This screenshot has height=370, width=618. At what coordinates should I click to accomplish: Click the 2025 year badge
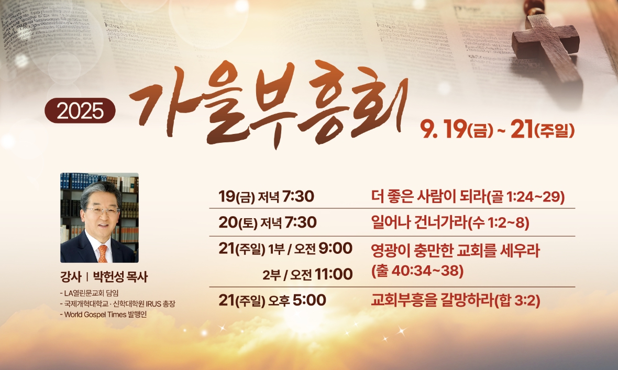[80, 111]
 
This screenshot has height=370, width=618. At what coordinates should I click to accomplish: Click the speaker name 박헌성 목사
[120, 277]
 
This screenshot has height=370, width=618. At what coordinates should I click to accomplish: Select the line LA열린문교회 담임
[89, 293]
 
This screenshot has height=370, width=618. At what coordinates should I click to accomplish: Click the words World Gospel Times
[95, 315]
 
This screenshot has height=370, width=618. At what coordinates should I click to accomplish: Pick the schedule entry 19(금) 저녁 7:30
[267, 196]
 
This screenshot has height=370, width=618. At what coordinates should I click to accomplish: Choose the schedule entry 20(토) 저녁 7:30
[268, 222]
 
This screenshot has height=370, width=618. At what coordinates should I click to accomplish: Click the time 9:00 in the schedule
[335, 248]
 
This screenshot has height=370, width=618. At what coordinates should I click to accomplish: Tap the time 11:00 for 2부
[334, 274]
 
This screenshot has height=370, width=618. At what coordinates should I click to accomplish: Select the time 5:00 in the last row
[310, 300]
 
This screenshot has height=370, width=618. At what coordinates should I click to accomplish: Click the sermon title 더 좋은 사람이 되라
[428, 196]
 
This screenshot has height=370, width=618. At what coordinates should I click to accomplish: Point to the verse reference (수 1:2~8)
[498, 222]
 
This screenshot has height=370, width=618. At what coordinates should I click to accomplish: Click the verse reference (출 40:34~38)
[417, 271]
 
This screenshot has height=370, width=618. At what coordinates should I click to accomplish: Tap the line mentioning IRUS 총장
[117, 304]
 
